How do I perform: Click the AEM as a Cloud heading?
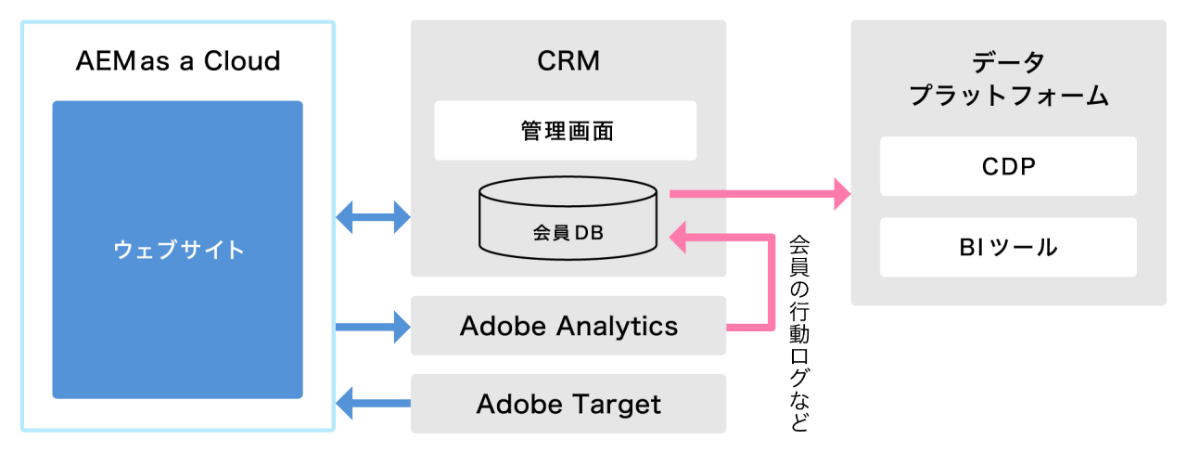coord(177,62)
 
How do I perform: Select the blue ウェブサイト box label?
coord(179,250)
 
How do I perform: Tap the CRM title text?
coord(568,61)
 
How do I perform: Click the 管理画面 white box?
coord(566,131)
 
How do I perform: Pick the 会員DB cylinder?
coord(568,220)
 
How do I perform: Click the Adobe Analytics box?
coord(568,326)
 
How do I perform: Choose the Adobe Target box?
coord(568,404)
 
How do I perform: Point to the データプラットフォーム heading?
coord(1008,79)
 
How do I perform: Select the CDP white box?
coord(1008,167)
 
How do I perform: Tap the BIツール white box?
coord(1008,247)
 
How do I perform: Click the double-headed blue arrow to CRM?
coord(373,217)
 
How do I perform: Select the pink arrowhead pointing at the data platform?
coord(841,193)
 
